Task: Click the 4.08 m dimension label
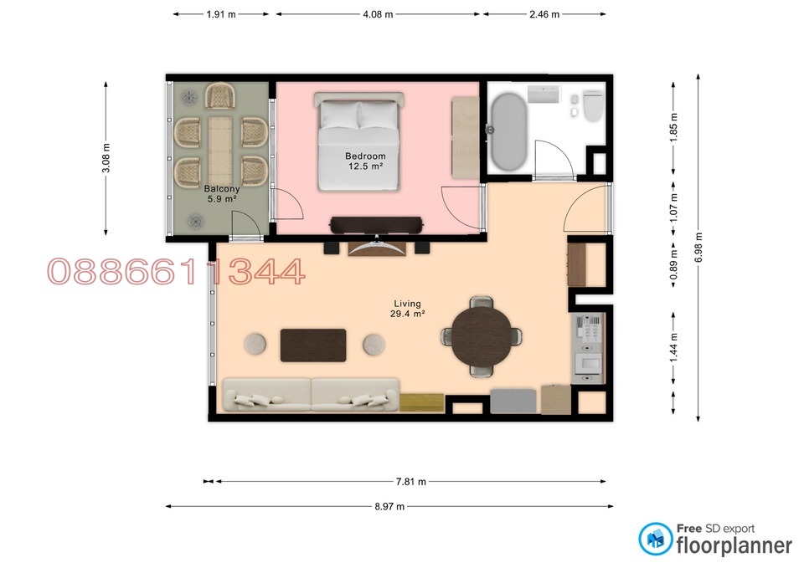click(x=377, y=14)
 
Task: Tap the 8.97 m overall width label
click(x=389, y=506)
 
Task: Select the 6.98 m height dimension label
click(x=699, y=247)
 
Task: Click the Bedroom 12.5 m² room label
click(x=365, y=161)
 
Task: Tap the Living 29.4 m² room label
click(x=408, y=309)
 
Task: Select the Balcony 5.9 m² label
click(x=221, y=194)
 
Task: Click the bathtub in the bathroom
click(x=508, y=130)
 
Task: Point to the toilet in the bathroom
click(x=593, y=106)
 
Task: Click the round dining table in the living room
click(x=482, y=336)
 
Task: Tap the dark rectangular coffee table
click(x=313, y=345)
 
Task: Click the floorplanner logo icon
click(x=655, y=539)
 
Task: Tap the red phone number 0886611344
click(x=176, y=272)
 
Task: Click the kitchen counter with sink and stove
click(x=587, y=348)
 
